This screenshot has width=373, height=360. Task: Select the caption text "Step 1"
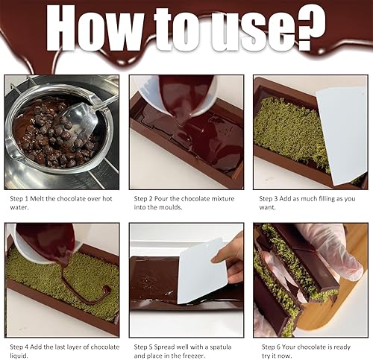click(19, 199)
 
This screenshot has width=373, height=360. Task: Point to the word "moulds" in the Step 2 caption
click(170, 207)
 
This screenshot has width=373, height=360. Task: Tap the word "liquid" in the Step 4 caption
click(19, 356)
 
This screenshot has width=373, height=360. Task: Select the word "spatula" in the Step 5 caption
click(221, 347)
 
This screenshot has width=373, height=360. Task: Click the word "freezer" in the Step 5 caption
click(194, 356)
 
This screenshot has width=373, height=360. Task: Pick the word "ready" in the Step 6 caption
click(342, 347)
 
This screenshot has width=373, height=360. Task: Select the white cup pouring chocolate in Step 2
click(174, 95)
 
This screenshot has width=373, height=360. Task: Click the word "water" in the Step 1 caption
click(19, 207)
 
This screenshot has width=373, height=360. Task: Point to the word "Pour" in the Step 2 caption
click(161, 199)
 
